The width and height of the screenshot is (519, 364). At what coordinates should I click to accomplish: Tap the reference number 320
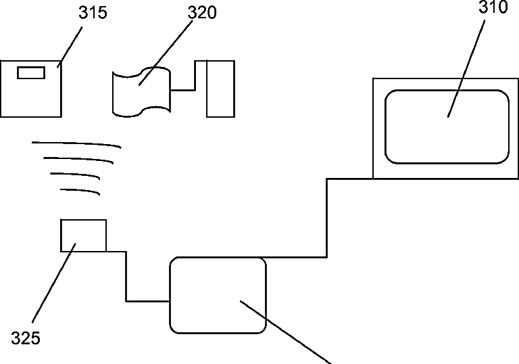click(x=201, y=12)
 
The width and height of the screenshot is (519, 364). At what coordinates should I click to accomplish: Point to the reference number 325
click(x=26, y=338)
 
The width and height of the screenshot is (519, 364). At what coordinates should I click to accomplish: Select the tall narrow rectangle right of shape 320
click(x=220, y=89)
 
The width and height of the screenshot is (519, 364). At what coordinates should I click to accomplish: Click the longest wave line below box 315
click(x=76, y=144)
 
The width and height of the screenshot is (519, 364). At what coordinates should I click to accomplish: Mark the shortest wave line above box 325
click(x=80, y=191)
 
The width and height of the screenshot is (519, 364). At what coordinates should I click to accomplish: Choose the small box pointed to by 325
click(x=83, y=235)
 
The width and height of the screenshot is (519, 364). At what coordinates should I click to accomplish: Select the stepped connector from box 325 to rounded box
click(x=126, y=277)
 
